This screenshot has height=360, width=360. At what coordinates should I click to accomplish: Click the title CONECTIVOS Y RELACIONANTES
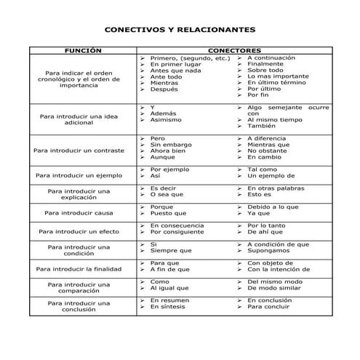[x=180, y=31]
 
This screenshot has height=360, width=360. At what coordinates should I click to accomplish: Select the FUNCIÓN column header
[x=82, y=51]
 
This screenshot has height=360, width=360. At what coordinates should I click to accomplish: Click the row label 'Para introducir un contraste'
[x=79, y=151]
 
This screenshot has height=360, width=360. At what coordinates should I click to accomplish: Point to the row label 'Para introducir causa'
[x=79, y=213]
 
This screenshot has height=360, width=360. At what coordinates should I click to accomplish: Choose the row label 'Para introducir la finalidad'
[x=79, y=269]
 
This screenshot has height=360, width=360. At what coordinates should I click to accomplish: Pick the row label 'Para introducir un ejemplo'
[x=79, y=175]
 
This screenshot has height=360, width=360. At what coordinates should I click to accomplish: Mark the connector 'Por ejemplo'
[x=169, y=169]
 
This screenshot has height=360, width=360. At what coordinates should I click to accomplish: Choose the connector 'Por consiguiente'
[x=177, y=232]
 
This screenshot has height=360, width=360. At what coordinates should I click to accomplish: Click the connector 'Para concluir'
[x=267, y=306]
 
